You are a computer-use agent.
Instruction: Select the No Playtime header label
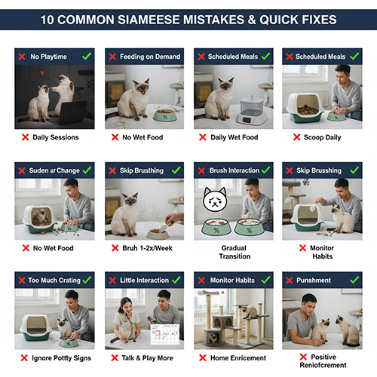[48, 57]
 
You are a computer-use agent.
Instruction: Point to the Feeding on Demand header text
[150, 57]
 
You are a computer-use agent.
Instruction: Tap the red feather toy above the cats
[42, 73]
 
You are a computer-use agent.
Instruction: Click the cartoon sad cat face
[215, 200]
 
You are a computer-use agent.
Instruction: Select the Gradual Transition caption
[234, 252]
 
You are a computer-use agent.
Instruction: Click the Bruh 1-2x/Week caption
[147, 248]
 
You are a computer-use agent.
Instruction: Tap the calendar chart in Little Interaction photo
[165, 335]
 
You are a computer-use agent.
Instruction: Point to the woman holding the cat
[126, 319]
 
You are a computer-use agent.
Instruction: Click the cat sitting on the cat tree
[249, 311]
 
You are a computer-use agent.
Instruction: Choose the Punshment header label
[314, 280]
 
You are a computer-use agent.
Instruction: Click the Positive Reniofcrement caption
[323, 361]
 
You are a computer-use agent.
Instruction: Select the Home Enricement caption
[238, 358]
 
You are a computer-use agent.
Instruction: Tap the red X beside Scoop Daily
[297, 137]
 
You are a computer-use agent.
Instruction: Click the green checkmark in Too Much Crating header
[87, 280]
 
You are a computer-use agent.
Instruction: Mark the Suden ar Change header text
[54, 170]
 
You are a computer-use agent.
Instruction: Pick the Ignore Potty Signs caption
[61, 358]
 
